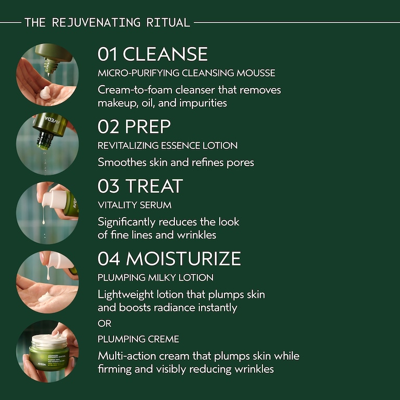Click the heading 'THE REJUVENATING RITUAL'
[107, 22]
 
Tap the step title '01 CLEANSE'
[153, 54]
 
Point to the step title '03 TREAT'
[140, 186]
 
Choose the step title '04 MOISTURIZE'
[169, 258]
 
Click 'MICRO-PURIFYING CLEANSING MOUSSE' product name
[186, 73]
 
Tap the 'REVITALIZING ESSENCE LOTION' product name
[168, 145]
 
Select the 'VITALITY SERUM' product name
[134, 205]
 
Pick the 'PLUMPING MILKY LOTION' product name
[156, 278]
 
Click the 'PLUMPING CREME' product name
[139, 339]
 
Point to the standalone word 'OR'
[105, 323]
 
